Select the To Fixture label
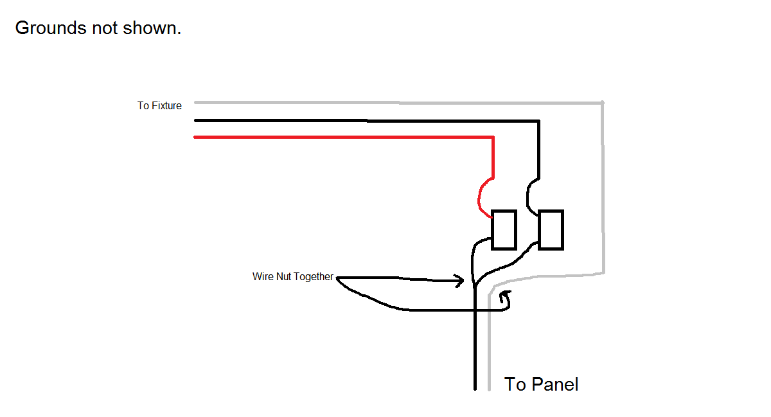pos(159,105)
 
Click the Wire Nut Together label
pos(293,277)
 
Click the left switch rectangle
pos(504,229)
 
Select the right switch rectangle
pos(551,229)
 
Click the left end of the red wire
pos(195,137)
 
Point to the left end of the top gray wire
pos(195,102)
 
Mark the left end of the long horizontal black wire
pos(195,120)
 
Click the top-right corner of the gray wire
pos(602,103)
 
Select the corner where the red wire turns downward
pos(493,138)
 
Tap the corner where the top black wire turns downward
pos(539,121)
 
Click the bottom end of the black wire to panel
pos(475,389)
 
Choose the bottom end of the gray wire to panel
pos(490,389)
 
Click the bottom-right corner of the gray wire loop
pos(603,273)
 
